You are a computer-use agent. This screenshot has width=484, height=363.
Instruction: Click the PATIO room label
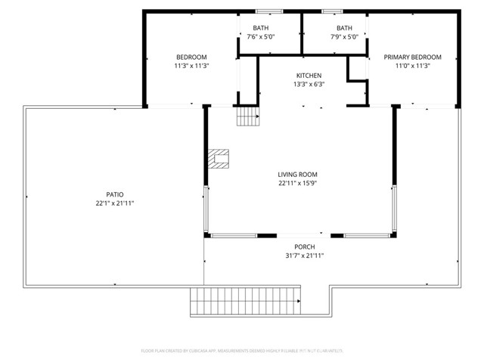tap(115, 194)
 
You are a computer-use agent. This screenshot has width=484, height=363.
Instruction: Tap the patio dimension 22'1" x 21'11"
tap(115, 203)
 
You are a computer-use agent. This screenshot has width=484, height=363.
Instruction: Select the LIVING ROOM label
tap(297, 174)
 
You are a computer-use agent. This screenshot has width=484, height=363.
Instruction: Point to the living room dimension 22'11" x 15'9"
tap(297, 183)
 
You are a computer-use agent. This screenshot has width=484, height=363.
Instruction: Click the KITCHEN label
tap(309, 76)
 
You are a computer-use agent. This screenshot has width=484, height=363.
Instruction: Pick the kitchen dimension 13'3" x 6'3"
tap(309, 85)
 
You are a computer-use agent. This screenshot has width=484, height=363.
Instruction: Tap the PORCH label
tap(305, 247)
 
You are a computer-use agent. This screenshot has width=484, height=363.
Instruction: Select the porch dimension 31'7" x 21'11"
tap(305, 256)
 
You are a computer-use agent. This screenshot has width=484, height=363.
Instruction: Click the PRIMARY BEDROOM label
tap(412, 57)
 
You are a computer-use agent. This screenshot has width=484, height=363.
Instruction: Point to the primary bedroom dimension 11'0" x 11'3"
tap(412, 66)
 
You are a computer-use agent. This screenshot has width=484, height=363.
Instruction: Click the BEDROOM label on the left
tap(191, 57)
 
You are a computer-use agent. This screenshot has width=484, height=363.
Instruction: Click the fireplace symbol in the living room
tap(219, 159)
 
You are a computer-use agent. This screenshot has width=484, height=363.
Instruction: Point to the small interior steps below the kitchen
tap(247, 116)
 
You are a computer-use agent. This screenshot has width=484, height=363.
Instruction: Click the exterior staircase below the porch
tap(245, 302)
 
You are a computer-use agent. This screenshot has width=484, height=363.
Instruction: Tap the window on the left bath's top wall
tap(267, 11)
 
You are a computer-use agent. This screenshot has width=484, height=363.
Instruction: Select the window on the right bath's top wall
tap(331, 11)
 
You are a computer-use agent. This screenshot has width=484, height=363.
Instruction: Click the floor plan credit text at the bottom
tap(242, 351)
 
